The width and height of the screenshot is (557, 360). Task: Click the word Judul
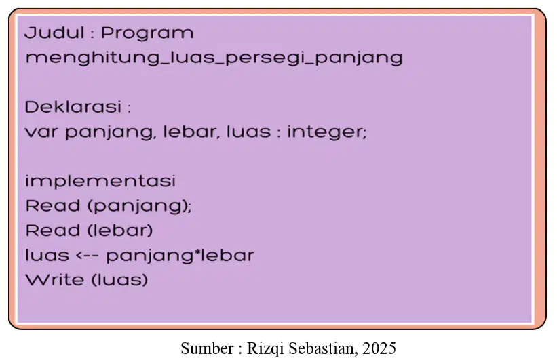[x=55, y=33]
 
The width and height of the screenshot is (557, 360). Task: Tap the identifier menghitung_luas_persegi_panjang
[x=214, y=58]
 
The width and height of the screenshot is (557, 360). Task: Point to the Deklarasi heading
[x=73, y=106]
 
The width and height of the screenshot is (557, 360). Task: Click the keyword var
[x=41, y=132]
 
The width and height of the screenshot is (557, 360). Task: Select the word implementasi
[x=100, y=182]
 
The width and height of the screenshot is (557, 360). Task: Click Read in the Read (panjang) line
[x=52, y=205]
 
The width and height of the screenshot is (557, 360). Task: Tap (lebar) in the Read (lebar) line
[x=120, y=231]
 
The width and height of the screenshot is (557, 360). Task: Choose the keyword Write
[x=55, y=280]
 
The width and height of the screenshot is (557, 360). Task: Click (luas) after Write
[x=119, y=280]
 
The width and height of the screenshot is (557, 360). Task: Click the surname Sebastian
[x=322, y=348]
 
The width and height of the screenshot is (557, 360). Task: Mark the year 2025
[x=379, y=348]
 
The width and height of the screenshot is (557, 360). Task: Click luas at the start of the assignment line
[x=47, y=256]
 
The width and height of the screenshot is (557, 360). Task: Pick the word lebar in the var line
[x=191, y=132]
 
